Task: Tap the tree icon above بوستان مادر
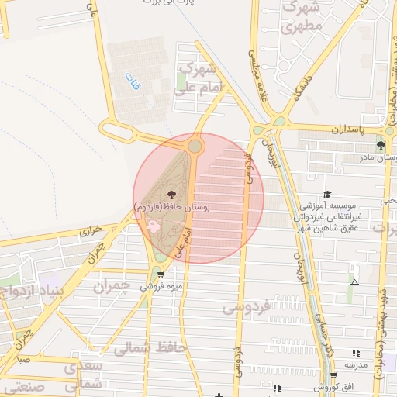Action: pos(381,145)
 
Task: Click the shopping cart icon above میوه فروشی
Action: pos(160,274)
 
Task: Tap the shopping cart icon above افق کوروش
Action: pos(333,375)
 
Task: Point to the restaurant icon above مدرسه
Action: pos(355,353)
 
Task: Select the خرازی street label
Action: pos(91,231)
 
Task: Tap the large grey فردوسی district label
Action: pos(247,307)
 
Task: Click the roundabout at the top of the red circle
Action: pos(195,146)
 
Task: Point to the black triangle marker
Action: pos(354,283)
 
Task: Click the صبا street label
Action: pos(23,359)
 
